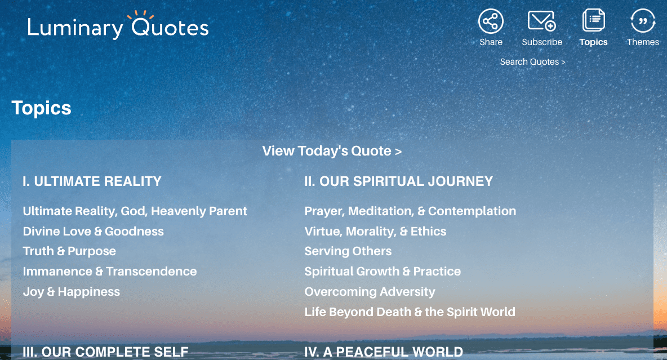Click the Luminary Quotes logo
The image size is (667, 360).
[x=118, y=26]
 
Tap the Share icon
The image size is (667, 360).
[x=491, y=21]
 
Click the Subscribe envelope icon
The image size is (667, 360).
[x=541, y=21]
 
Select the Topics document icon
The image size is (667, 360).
[x=593, y=21]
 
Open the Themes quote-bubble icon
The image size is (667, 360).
[x=643, y=21]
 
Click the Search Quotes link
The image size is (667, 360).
[x=532, y=62]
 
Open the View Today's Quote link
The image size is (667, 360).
[x=332, y=151]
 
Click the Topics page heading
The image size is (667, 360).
[x=41, y=108]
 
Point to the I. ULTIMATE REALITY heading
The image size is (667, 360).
[x=92, y=181]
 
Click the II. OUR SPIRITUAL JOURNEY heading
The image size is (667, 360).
[x=398, y=181]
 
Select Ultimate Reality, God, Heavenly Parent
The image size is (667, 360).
[x=135, y=211]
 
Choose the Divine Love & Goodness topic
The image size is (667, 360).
[x=93, y=232]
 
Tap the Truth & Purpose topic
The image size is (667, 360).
[x=69, y=251]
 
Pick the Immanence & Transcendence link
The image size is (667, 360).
[x=110, y=272]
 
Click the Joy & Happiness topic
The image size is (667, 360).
[x=71, y=292]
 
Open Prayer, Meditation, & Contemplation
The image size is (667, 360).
[x=410, y=211]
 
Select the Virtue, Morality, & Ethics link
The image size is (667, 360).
[x=375, y=232]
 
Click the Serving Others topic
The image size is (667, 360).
[x=348, y=251]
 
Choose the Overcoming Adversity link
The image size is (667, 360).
[x=370, y=292]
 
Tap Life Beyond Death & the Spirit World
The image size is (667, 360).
[x=410, y=312]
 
